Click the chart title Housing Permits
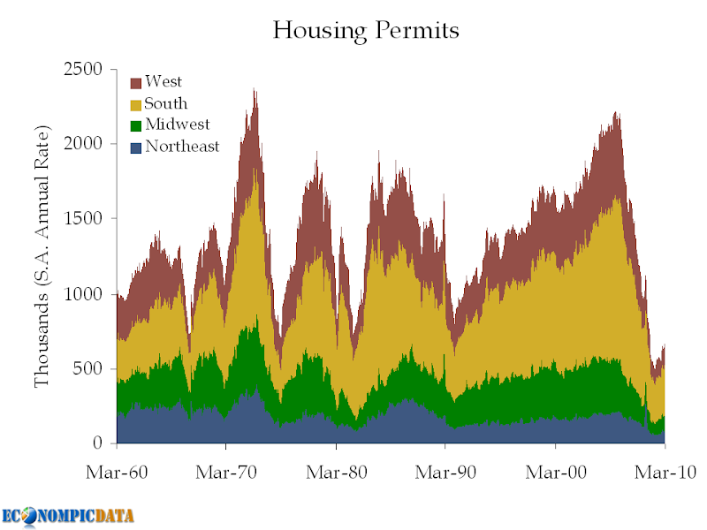(366, 31)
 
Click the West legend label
(163, 81)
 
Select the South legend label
(165, 103)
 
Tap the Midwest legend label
(178, 125)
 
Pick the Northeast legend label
(182, 146)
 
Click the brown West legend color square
(136, 83)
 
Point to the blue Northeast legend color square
(136, 148)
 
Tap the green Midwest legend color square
(136, 125)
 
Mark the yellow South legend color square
(136, 105)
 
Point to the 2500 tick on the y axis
(83, 70)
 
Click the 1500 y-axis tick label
(83, 218)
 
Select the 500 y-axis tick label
(87, 368)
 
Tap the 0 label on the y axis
(98, 443)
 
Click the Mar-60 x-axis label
(117, 473)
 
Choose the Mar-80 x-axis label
(337, 473)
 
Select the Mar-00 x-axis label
(556, 473)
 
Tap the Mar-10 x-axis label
(665, 473)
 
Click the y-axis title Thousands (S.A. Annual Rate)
(42, 256)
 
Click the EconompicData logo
(68, 517)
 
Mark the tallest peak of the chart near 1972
(255, 89)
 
